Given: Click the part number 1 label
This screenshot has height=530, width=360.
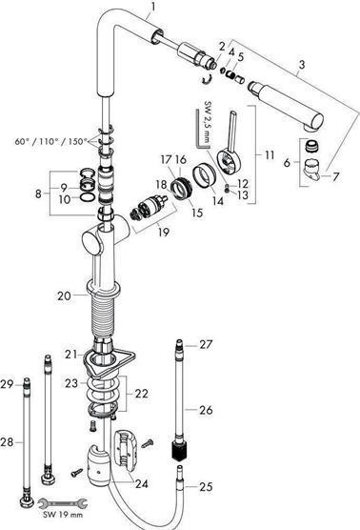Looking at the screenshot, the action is [153, 7].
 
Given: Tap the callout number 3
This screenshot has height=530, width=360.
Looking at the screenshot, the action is [301, 65].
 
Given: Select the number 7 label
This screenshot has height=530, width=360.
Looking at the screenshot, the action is [335, 176].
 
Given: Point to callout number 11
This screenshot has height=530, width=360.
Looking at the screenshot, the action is [270, 155].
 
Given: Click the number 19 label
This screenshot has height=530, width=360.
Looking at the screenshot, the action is [164, 233].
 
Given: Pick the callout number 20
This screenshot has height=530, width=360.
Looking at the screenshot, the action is [64, 296].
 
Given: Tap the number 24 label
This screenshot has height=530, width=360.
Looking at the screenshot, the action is [142, 484].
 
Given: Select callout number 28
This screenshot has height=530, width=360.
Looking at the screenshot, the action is [7, 441].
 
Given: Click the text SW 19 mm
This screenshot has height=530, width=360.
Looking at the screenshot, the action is [63, 515].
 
